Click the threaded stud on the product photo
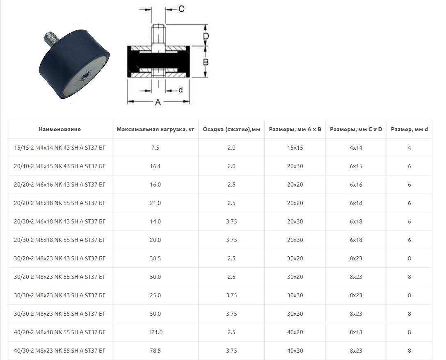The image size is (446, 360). (x=51, y=39)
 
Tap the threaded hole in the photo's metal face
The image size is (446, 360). (x=84, y=76)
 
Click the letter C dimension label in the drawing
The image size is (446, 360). (x=181, y=9)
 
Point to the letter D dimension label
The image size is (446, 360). (x=206, y=36)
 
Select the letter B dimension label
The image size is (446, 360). (x=206, y=62)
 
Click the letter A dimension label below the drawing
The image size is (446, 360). (x=158, y=102)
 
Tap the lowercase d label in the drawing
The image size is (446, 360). (x=181, y=90)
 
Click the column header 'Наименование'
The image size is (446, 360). (x=60, y=129)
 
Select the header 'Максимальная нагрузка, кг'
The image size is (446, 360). (x=156, y=129)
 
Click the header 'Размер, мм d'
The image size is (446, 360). (x=409, y=129)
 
